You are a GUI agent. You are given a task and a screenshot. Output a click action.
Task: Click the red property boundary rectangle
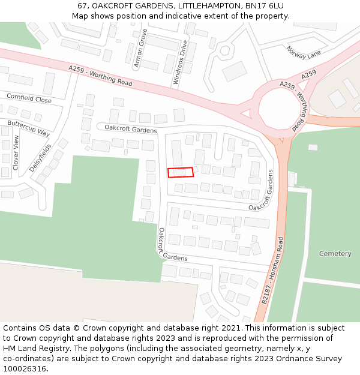point(181,172)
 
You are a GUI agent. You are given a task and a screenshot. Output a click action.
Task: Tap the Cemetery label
point(335,254)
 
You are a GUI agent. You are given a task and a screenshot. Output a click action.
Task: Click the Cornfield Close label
point(29,98)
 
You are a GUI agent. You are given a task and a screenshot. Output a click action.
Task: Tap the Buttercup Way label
point(28,127)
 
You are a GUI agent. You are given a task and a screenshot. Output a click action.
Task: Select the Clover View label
point(16,151)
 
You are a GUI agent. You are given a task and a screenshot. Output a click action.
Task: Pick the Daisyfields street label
point(40,157)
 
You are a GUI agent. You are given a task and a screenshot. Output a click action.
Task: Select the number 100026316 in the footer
point(25,369)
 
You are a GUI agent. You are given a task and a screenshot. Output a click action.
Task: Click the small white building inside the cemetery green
point(313,147)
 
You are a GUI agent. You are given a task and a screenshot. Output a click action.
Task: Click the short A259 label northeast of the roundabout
point(309,74)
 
